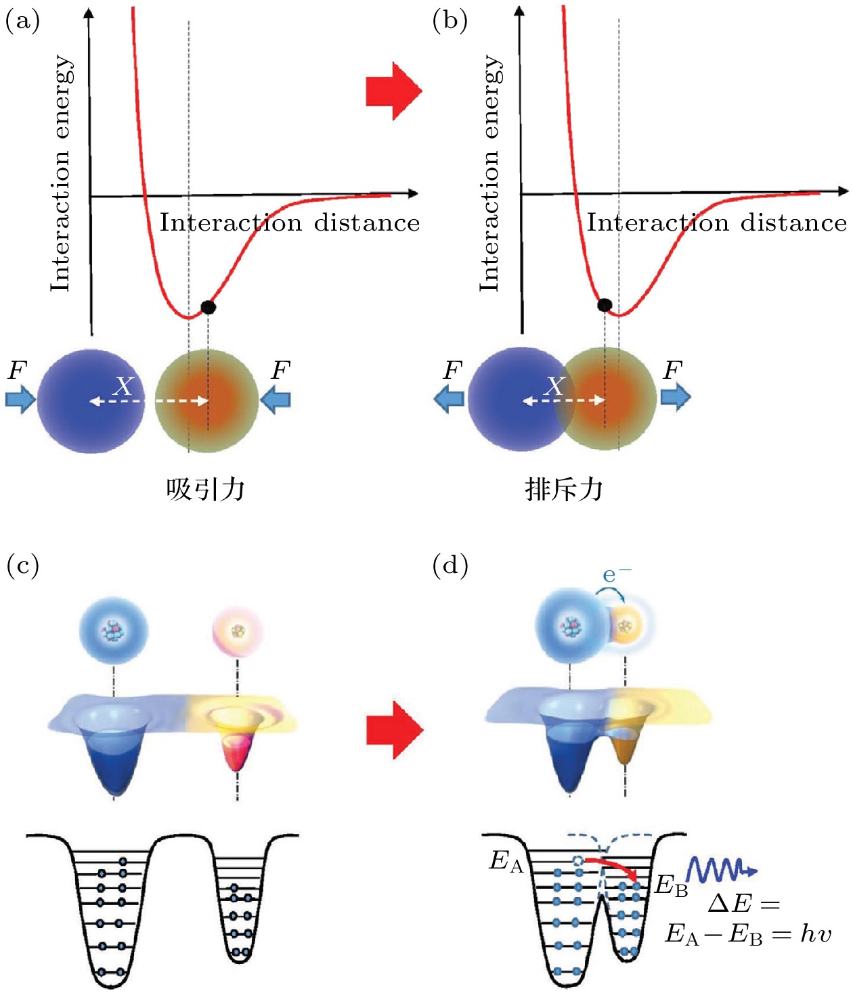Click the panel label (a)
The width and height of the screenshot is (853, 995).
pos(22,22)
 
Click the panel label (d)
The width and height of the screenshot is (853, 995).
pos(450,565)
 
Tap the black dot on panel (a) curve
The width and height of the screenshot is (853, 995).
pos(209,307)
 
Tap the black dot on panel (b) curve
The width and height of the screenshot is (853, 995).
pos(605,305)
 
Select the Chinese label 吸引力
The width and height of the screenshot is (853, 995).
pos(205,488)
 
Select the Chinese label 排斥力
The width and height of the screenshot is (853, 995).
pos(564,488)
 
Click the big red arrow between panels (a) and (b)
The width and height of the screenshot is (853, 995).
pos(393,91)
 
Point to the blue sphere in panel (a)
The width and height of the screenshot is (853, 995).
pos(91,400)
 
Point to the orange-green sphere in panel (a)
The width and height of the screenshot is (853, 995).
pos(207,400)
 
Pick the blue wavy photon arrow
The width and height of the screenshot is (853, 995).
pos(720,869)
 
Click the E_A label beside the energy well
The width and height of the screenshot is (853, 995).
pos(506,862)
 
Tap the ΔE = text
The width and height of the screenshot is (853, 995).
pos(743,904)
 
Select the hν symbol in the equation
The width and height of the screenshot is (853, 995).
pos(816,934)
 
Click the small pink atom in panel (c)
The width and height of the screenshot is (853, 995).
pos(237,631)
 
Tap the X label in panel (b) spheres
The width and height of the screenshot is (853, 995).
pos(554,386)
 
